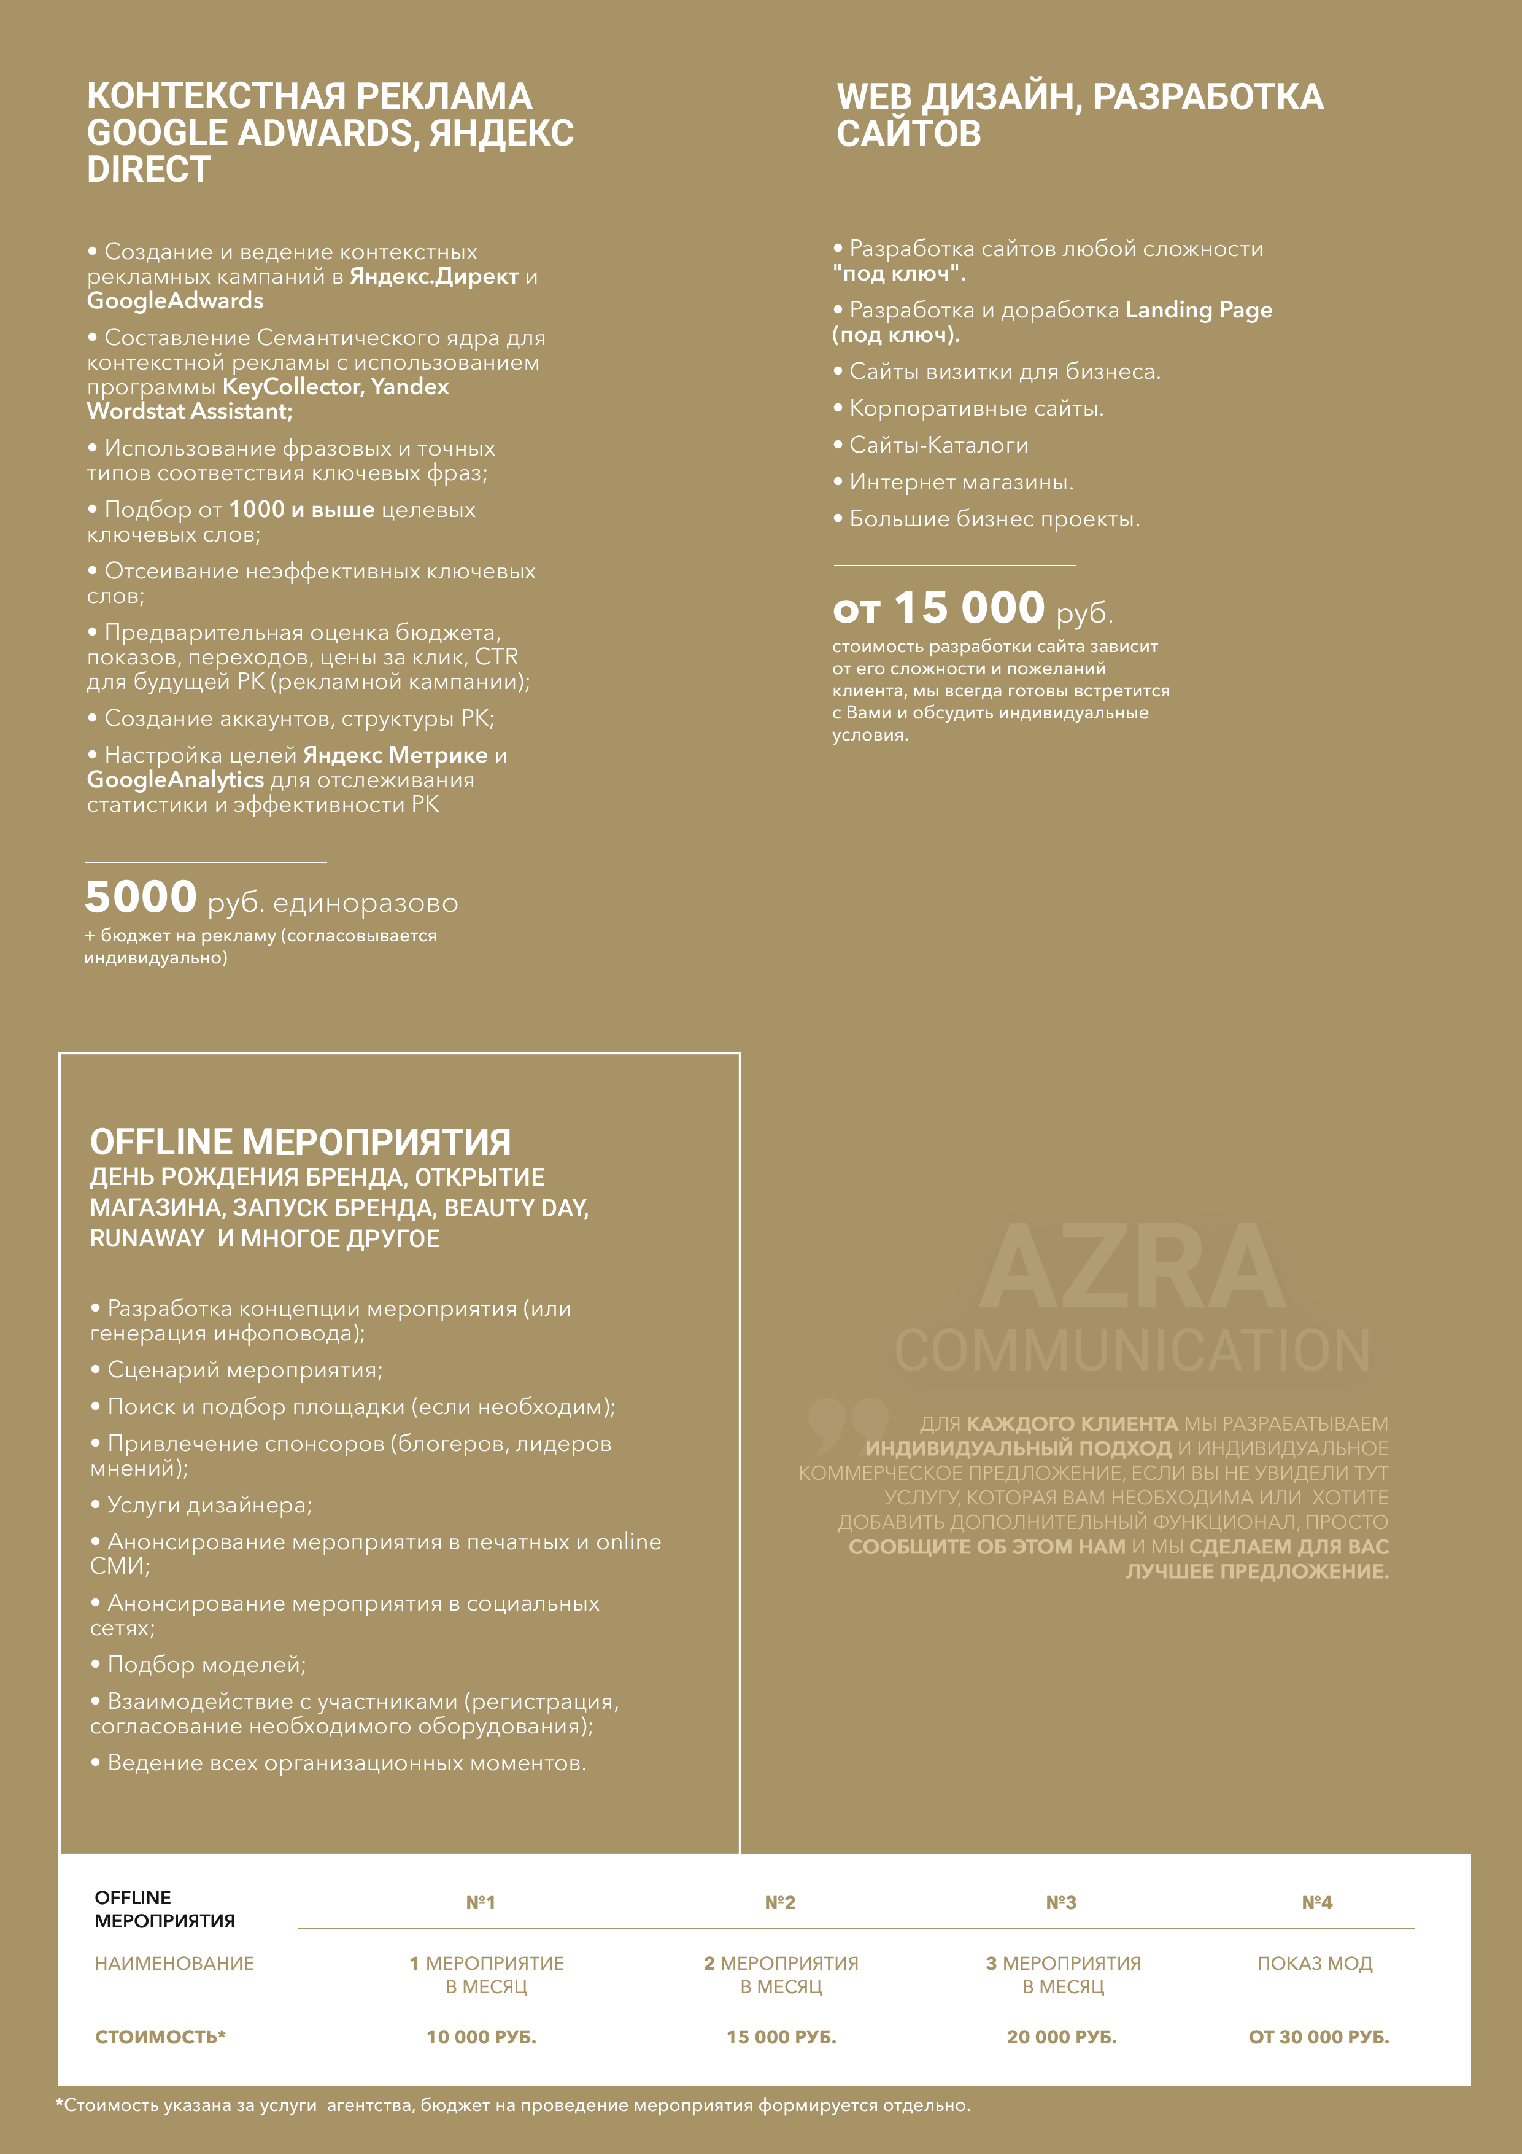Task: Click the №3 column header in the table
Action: (1060, 1903)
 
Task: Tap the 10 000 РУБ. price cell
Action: (481, 2037)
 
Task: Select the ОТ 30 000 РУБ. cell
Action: (1318, 2037)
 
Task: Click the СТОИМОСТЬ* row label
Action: (160, 2037)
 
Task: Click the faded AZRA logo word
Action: (1133, 1267)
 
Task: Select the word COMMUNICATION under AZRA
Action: (1133, 1350)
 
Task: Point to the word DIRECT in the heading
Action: (149, 170)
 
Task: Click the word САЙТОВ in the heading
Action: (909, 134)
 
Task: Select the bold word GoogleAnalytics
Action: (176, 780)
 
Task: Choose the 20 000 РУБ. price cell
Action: (1062, 2037)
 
